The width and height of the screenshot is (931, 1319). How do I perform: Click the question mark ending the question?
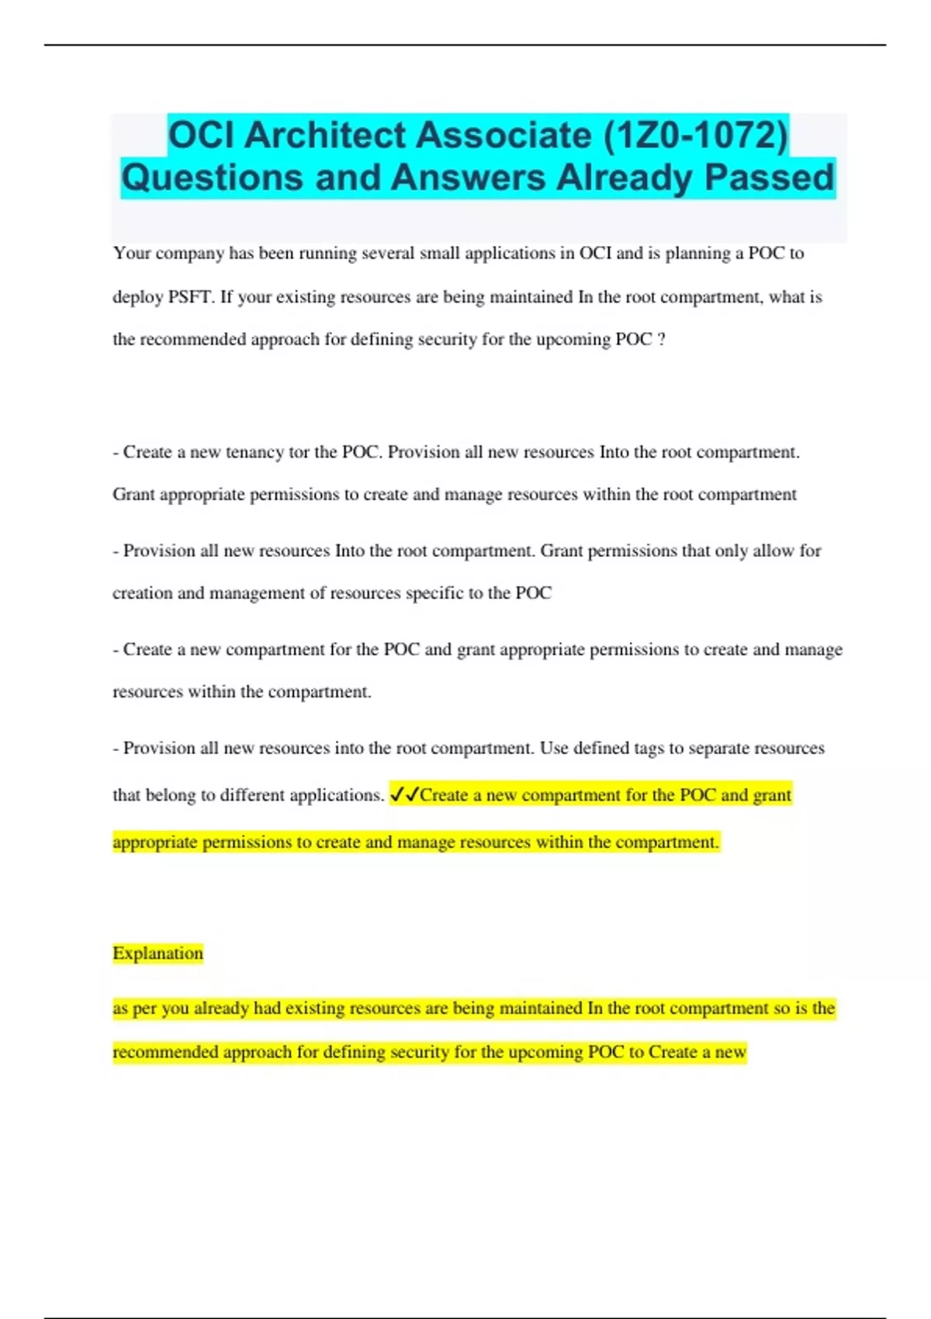click(661, 340)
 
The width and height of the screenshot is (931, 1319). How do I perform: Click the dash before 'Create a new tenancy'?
click(116, 452)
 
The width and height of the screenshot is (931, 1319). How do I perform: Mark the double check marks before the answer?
click(403, 795)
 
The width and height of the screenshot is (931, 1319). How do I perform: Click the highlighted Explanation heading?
click(157, 953)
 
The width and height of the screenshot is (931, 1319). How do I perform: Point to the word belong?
click(171, 795)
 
